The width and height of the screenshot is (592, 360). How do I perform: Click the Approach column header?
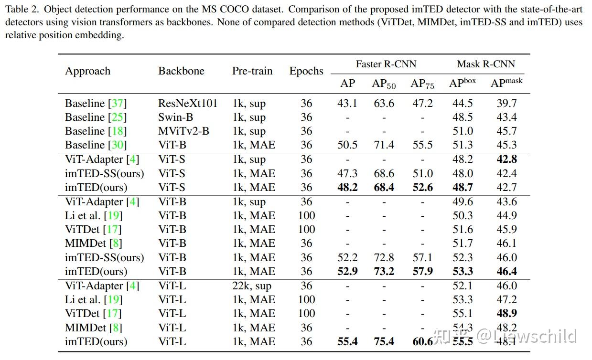(87, 71)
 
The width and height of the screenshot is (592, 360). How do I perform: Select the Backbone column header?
(181, 71)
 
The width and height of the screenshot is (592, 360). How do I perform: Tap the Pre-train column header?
(252, 71)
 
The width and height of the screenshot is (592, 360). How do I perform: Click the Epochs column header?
(306, 71)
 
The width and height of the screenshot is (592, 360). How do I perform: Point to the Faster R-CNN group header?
(386, 64)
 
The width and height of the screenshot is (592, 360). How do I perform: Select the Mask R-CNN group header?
(486, 64)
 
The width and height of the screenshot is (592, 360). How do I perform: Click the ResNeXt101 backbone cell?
(188, 103)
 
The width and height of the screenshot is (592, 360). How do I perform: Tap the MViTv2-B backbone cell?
(183, 131)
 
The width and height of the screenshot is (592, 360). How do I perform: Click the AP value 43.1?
(347, 103)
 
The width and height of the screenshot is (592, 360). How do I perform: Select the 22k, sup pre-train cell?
(252, 286)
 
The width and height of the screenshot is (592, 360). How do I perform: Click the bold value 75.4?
(384, 341)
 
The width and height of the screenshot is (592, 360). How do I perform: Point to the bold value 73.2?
(384, 271)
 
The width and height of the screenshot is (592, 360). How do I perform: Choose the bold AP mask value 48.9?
(506, 313)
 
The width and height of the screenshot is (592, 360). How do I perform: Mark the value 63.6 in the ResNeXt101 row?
(384, 103)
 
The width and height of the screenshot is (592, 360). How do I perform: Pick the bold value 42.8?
(506, 159)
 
